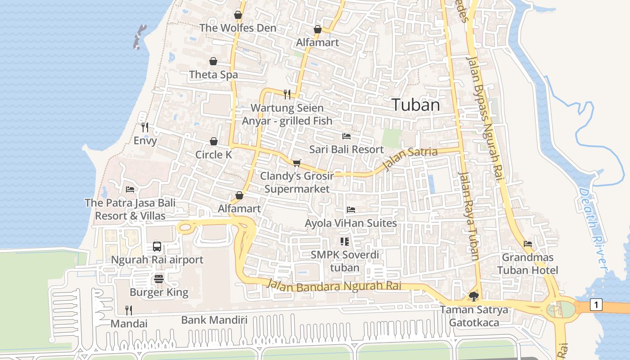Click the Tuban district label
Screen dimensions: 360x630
[415, 105]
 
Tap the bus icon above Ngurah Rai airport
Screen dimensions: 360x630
[157, 246]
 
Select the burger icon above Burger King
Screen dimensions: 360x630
[158, 279]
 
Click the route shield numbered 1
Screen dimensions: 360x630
[596, 305]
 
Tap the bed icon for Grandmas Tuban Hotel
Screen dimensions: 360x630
[528, 244]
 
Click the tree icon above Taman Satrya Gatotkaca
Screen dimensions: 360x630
[473, 296]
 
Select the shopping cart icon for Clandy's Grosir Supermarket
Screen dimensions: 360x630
[297, 162]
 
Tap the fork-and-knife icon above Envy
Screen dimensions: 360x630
[145, 127]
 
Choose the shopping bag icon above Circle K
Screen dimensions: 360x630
[214, 142]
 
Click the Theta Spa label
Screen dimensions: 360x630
[213, 75]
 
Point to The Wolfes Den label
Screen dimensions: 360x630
[238, 28]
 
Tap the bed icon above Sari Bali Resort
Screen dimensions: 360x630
[346, 136]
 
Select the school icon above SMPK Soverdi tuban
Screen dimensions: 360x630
[345, 242]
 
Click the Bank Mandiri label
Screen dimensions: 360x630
[214, 320]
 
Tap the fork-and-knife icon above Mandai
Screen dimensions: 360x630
[129, 310]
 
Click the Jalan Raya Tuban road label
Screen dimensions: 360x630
[468, 216]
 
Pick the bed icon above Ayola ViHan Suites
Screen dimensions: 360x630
[351, 210]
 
